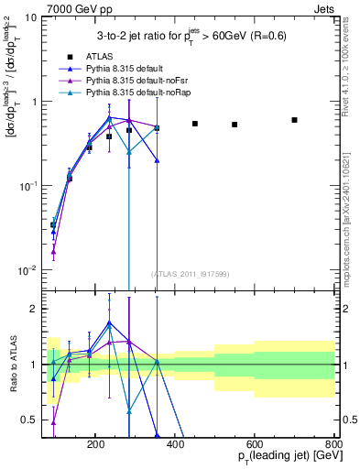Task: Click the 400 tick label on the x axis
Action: [x=215, y=444]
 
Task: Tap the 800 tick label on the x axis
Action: [x=334, y=444]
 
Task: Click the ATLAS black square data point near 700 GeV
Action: [x=294, y=120]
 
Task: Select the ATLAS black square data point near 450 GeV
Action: [x=194, y=123]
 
